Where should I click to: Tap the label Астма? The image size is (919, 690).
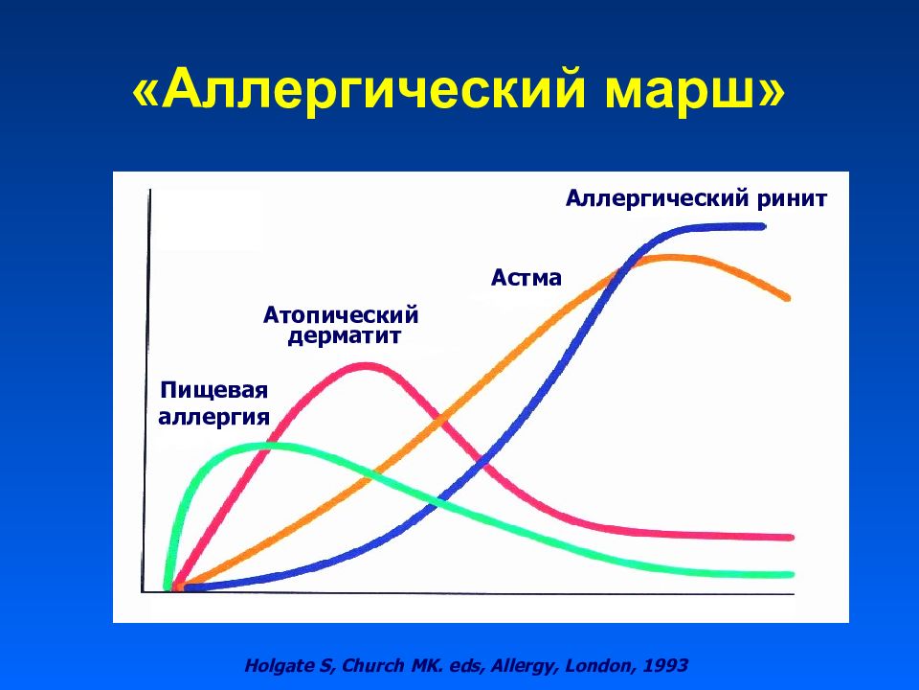click(527, 278)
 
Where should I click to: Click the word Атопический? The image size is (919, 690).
click(342, 315)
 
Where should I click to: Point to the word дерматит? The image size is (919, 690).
click(342, 336)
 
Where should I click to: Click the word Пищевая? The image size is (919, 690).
click(213, 392)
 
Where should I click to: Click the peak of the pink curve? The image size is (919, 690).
click(367, 365)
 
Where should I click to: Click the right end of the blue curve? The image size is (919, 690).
click(763, 226)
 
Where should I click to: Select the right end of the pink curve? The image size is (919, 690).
click(790, 537)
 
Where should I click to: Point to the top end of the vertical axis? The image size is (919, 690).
click(149, 192)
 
